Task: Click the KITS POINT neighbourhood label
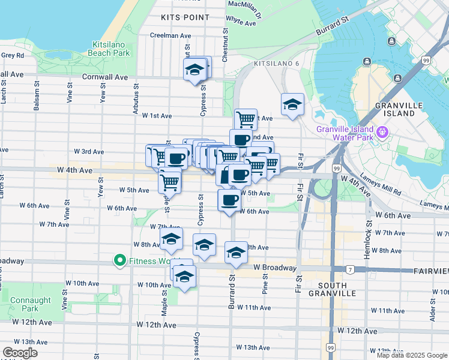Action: [185, 18]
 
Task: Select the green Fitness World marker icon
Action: [119, 260]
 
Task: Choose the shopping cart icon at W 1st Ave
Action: [246, 119]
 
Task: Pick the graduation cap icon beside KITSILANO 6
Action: [292, 104]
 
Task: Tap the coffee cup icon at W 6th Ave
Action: [229, 200]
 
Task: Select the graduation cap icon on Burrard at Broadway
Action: [236, 252]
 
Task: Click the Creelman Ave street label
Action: [170, 35]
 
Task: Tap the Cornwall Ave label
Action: [105, 77]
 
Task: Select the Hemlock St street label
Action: [368, 233]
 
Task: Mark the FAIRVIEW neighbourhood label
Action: [432, 271]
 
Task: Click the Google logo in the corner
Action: [20, 353]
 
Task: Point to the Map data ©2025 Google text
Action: [411, 355]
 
